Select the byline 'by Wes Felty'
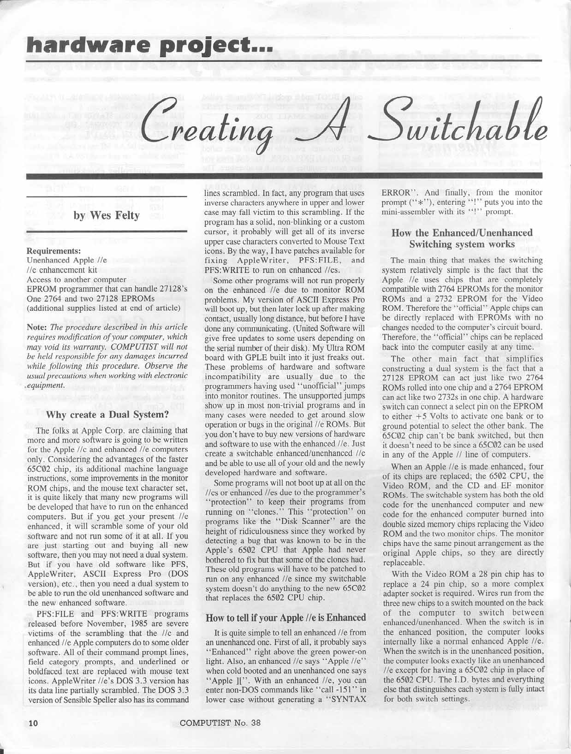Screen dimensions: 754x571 tap(107, 215)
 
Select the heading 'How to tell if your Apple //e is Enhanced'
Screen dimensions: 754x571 tap(286, 617)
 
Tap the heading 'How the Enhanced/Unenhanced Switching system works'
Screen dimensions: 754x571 tap(462, 238)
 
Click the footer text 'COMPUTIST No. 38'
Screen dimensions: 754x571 tap(220, 723)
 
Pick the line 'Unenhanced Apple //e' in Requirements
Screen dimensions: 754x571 tap(67, 261)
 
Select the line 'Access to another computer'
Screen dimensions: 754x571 tap(76, 279)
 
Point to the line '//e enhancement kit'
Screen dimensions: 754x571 tap(62, 270)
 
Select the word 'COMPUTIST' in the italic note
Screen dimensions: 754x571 tap(134, 346)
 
